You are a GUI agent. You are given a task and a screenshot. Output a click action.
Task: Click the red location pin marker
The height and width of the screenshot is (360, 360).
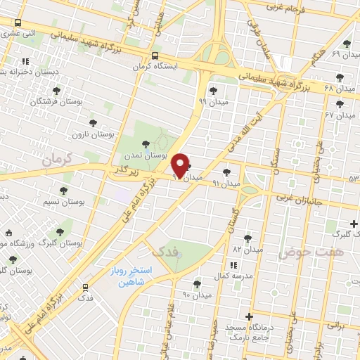point(181,165)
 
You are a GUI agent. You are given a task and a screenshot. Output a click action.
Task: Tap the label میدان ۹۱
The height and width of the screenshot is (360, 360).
point(226,183)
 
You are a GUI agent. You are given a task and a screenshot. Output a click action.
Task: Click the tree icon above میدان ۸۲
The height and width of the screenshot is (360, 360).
point(247,238)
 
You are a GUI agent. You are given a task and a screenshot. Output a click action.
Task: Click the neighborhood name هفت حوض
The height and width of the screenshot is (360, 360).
point(300,251)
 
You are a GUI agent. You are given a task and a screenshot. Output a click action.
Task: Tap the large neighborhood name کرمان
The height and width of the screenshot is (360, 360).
point(57,161)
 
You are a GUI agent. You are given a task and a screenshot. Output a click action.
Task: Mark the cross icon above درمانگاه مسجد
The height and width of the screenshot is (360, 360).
point(250,316)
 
